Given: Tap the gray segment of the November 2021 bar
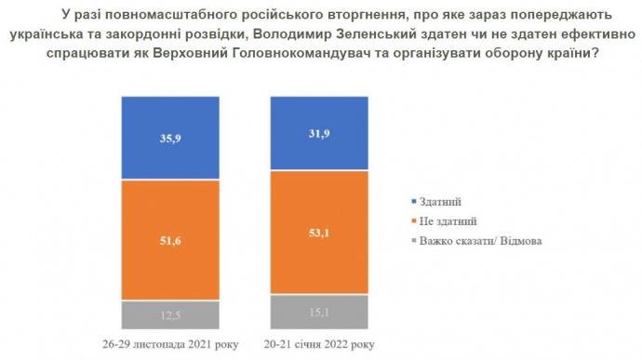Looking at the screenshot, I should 169,314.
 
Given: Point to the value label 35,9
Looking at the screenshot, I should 169,138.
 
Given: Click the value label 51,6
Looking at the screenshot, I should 169,240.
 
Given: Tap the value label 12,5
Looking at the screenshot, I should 169,314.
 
